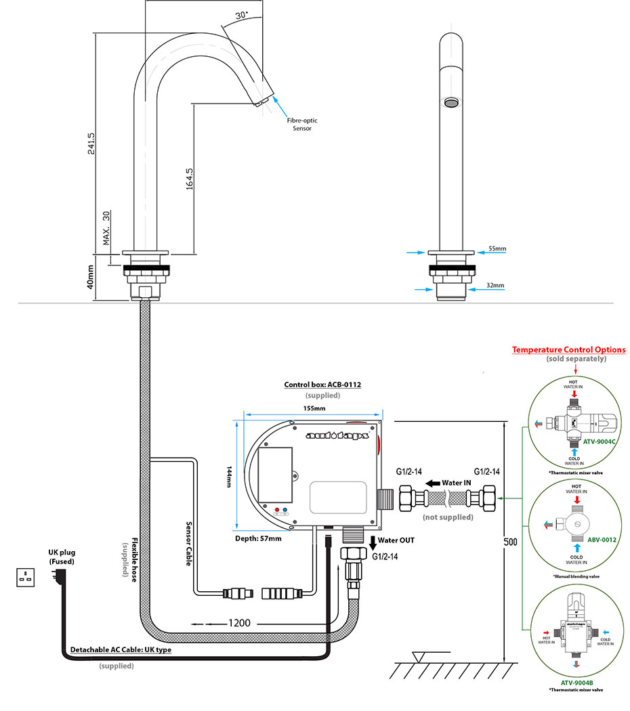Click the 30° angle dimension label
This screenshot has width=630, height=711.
click(x=242, y=15)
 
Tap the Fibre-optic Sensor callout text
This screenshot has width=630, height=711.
click(x=302, y=125)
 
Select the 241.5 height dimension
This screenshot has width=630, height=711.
click(x=91, y=143)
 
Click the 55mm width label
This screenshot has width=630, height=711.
click(x=497, y=249)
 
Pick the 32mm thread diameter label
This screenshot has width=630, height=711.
click(x=497, y=286)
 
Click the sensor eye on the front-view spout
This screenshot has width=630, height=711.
click(x=450, y=102)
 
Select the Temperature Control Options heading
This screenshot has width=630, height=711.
click(x=568, y=349)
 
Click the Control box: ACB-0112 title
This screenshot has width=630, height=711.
click(x=322, y=385)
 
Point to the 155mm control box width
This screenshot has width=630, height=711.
click(x=314, y=408)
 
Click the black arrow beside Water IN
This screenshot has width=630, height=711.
click(x=431, y=483)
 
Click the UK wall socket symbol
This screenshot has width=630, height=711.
click(x=29, y=578)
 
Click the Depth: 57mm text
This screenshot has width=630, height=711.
click(x=258, y=538)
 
